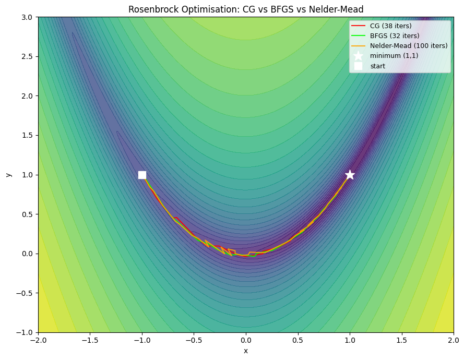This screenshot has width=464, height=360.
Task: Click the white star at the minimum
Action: click(350, 175)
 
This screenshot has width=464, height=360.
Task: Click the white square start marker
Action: click(142, 175)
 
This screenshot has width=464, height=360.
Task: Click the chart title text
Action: click(246, 9)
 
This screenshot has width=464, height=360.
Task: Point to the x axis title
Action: click(246, 351)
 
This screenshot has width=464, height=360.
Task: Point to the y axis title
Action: click(8, 175)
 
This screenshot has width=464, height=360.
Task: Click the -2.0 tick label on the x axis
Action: click(38, 341)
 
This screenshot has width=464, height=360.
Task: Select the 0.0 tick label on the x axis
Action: click(246, 341)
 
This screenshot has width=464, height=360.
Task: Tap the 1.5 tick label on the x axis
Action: click(401, 341)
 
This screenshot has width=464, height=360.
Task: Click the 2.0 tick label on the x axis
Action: click(453, 341)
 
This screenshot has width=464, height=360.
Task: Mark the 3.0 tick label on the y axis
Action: click(27, 17)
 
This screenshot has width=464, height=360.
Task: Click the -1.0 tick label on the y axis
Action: click(25, 332)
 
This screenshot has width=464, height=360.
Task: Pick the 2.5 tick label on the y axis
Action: click(27, 56)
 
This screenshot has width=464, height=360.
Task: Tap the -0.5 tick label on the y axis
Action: click(25, 293)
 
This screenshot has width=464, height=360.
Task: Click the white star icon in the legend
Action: click(358, 56)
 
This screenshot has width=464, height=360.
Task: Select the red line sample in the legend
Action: click(358, 26)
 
